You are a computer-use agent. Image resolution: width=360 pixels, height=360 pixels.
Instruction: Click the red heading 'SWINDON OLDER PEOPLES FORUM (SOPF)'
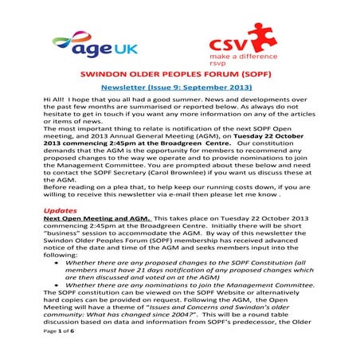[179, 83]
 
